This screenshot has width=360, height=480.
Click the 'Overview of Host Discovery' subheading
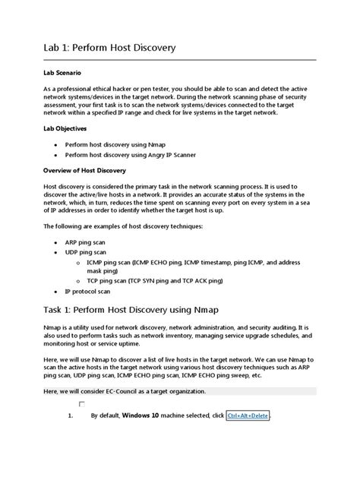click(x=85, y=171)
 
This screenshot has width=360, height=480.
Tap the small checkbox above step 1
click(x=81, y=405)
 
